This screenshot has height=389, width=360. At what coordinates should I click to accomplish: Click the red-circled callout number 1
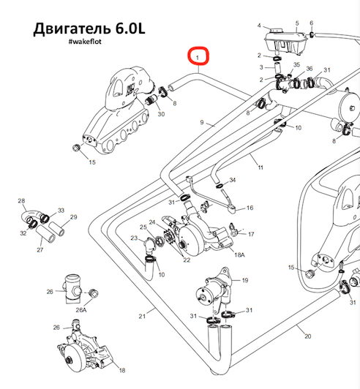[x=198, y=58]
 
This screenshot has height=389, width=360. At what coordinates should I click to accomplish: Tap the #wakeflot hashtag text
[x=85, y=42]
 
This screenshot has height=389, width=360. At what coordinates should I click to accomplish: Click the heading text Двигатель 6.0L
[x=89, y=29]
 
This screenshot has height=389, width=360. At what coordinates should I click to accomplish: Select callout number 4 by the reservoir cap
[x=259, y=26]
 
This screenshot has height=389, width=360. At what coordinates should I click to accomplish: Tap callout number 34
[x=233, y=180]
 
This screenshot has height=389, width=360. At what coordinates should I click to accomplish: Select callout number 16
[x=250, y=208]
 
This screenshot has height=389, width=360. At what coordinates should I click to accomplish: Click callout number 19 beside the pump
[x=245, y=280]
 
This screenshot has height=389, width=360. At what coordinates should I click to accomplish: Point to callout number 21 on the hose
[x=142, y=316]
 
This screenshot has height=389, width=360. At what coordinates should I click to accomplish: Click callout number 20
[x=308, y=336]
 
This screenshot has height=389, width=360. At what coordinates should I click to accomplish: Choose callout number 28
[x=22, y=200]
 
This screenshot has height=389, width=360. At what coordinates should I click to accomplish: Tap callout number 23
[x=134, y=238]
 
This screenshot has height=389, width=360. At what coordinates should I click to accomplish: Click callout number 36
[x=310, y=69]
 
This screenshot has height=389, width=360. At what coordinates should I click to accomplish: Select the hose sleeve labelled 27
[x=45, y=234]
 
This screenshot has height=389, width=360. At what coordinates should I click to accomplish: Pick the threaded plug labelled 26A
[x=94, y=293]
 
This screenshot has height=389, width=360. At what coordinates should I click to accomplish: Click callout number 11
[x=260, y=167]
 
